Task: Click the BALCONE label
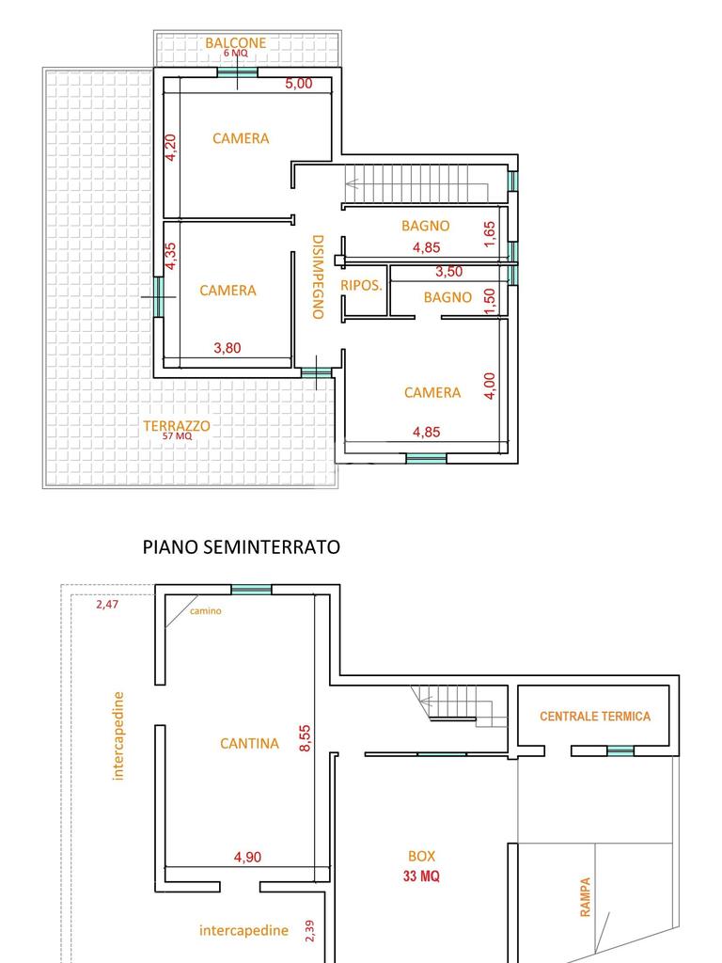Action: [235, 43]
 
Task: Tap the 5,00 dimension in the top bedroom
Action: [298, 84]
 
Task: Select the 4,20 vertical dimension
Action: [171, 148]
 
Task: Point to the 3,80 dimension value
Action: [228, 348]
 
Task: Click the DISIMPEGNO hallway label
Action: [318, 277]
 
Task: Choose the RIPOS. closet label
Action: [361, 285]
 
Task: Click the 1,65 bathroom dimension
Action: [489, 234]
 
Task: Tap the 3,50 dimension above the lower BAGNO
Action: [448, 272]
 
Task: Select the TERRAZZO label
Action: [176, 426]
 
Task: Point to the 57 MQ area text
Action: [177, 436]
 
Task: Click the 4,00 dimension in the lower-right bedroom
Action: [490, 386]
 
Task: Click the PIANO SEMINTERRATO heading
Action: [242, 546]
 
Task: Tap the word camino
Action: [206, 611]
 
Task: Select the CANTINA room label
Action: [249, 744]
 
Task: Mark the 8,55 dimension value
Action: [306, 738]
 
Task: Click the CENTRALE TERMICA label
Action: [595, 716]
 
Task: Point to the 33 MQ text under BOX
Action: [421, 876]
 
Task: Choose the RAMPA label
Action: [585, 897]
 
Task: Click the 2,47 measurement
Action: [107, 605]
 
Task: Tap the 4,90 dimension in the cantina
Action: [247, 857]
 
